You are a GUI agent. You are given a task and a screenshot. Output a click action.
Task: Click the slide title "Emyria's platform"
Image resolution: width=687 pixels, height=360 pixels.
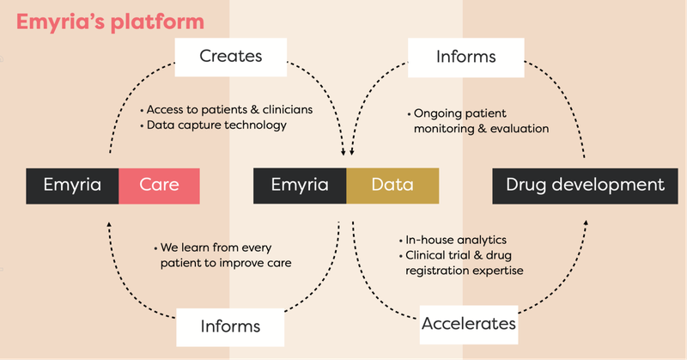(x=110, y=22)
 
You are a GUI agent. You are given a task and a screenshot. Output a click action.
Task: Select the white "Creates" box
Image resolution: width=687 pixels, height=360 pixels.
(x=231, y=57)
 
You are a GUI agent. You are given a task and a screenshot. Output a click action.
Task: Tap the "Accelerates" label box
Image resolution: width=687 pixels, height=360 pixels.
(x=469, y=325)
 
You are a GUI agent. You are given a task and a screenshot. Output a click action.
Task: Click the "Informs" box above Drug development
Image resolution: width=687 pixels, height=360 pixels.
(x=466, y=58)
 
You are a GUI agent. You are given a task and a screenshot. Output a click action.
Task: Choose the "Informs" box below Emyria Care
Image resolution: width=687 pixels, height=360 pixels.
(x=230, y=327)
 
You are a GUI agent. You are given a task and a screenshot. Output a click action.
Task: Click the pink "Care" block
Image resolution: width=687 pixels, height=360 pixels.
(x=159, y=186)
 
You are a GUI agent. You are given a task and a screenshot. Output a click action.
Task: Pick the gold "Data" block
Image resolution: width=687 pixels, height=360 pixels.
(x=392, y=186)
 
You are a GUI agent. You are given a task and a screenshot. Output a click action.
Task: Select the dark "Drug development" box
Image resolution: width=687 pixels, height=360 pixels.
(x=585, y=186)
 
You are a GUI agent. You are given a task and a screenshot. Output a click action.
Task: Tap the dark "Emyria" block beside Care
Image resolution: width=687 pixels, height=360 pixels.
(x=72, y=186)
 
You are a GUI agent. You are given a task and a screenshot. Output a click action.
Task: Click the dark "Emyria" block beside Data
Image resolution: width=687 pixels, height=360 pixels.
(x=300, y=186)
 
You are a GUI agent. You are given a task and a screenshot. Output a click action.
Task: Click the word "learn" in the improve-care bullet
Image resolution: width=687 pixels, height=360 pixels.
(x=196, y=247)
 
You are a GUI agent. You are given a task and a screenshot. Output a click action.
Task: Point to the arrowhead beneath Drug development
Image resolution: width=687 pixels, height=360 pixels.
(x=586, y=223)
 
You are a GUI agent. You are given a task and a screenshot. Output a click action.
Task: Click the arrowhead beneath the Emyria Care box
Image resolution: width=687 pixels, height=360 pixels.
(x=109, y=224)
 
